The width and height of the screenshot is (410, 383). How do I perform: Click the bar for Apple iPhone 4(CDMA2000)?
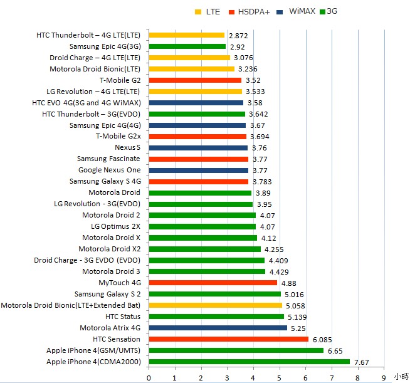[x=249, y=362]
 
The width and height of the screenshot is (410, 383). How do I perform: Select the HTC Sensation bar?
[x=228, y=339]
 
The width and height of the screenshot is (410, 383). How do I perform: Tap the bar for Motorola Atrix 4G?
[x=218, y=328]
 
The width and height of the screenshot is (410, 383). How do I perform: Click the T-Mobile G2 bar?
[x=195, y=80]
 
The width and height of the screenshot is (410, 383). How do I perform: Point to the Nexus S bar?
[x=198, y=148]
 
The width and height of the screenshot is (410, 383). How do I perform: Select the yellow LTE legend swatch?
[x=198, y=12]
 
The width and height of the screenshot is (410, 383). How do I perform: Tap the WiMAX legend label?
[x=302, y=12]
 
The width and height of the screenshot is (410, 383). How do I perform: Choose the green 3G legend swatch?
[x=322, y=12]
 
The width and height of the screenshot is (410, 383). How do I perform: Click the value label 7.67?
[x=362, y=362]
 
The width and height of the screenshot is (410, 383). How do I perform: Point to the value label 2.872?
[x=239, y=36]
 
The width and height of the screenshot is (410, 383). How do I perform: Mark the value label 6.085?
[x=323, y=340]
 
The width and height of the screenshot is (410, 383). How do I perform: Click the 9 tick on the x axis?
[x=383, y=377]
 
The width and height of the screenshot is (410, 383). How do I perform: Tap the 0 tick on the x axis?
[x=149, y=377]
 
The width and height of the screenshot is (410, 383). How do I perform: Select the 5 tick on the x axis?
[x=279, y=377]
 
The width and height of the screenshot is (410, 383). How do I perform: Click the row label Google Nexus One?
[x=109, y=171]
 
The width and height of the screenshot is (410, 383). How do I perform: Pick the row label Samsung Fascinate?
[x=108, y=159]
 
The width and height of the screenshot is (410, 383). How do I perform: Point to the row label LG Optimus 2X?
[x=115, y=226]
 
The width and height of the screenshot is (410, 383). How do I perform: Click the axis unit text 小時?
[x=401, y=377]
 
